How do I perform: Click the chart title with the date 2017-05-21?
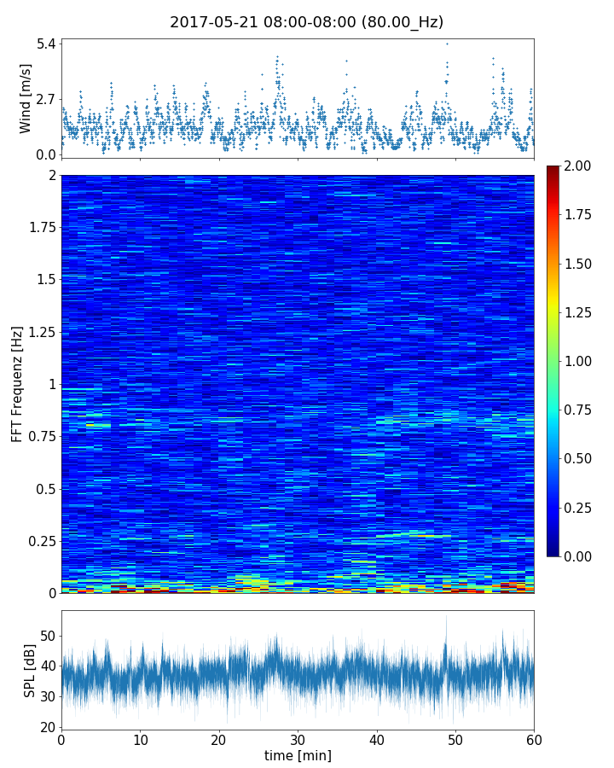point(306,22)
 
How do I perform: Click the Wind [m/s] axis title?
point(26,98)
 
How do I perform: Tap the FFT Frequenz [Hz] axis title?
point(17,383)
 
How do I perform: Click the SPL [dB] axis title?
point(30,669)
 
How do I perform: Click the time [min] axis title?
point(298,756)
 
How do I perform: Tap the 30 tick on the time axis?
point(298,739)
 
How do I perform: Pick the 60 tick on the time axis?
point(534,739)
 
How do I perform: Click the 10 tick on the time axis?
point(140,739)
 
